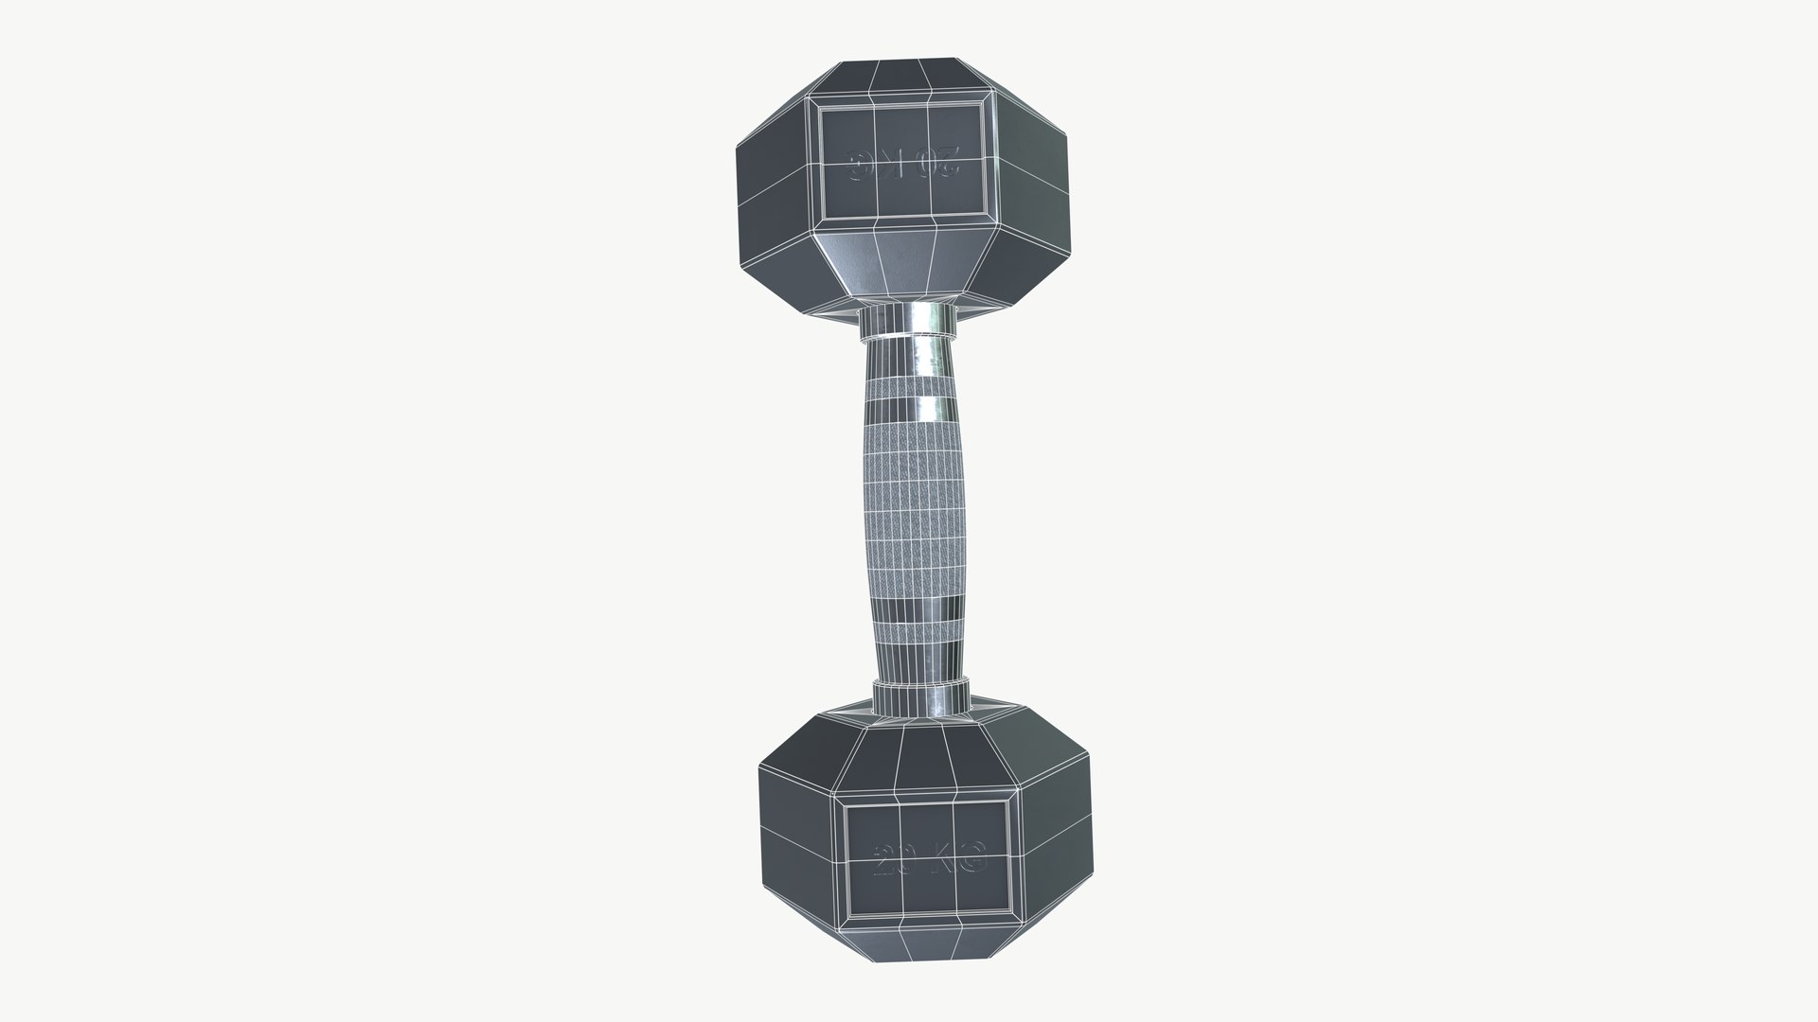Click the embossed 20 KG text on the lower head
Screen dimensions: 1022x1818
coord(928,861)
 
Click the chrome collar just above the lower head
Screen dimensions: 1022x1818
coord(921,693)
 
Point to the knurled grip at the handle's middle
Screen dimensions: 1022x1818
coord(916,511)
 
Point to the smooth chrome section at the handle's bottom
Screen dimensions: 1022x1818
coord(920,653)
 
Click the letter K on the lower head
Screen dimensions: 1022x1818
coord(941,861)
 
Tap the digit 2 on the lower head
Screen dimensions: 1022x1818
coord(883,861)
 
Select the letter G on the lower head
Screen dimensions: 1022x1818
coord(971,861)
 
